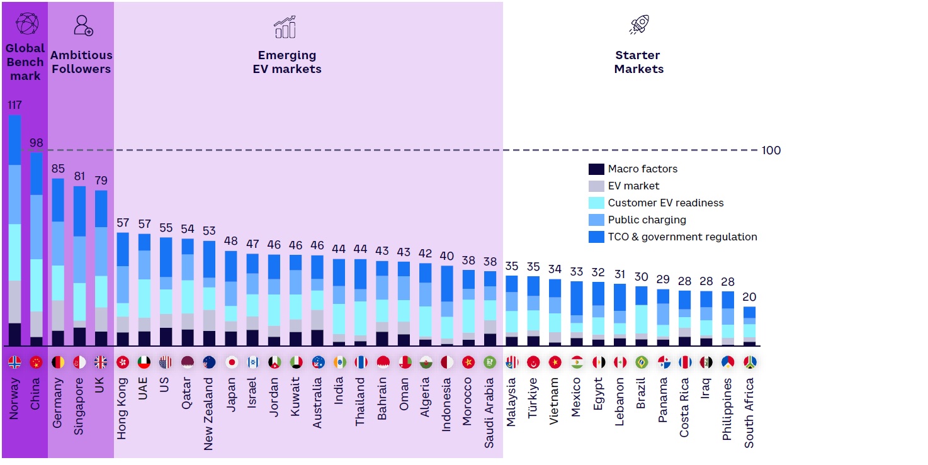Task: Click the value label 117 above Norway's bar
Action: click(14, 105)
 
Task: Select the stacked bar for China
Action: click(37, 249)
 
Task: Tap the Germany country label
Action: click(58, 403)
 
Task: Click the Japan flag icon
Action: click(231, 362)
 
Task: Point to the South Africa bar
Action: click(749, 326)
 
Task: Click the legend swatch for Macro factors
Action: click(596, 169)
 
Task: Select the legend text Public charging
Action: click(647, 220)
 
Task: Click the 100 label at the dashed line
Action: click(771, 150)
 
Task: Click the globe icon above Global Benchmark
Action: click(26, 24)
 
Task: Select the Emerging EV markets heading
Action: click(287, 62)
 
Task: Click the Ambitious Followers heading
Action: click(81, 62)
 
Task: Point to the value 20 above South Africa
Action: click(749, 297)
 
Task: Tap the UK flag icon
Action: click(101, 362)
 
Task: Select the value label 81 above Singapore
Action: click(79, 176)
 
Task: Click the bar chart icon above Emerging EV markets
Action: click(285, 26)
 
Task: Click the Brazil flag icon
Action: click(641, 362)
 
